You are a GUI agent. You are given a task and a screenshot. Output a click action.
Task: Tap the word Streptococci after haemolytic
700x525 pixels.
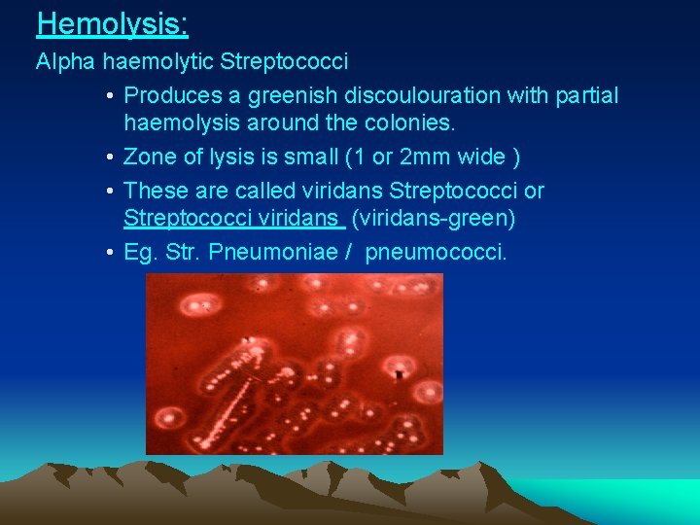(284, 62)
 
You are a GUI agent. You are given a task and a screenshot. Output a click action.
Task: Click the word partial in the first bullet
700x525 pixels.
(583, 95)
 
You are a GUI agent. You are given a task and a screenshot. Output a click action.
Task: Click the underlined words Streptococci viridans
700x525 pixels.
(233, 220)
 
